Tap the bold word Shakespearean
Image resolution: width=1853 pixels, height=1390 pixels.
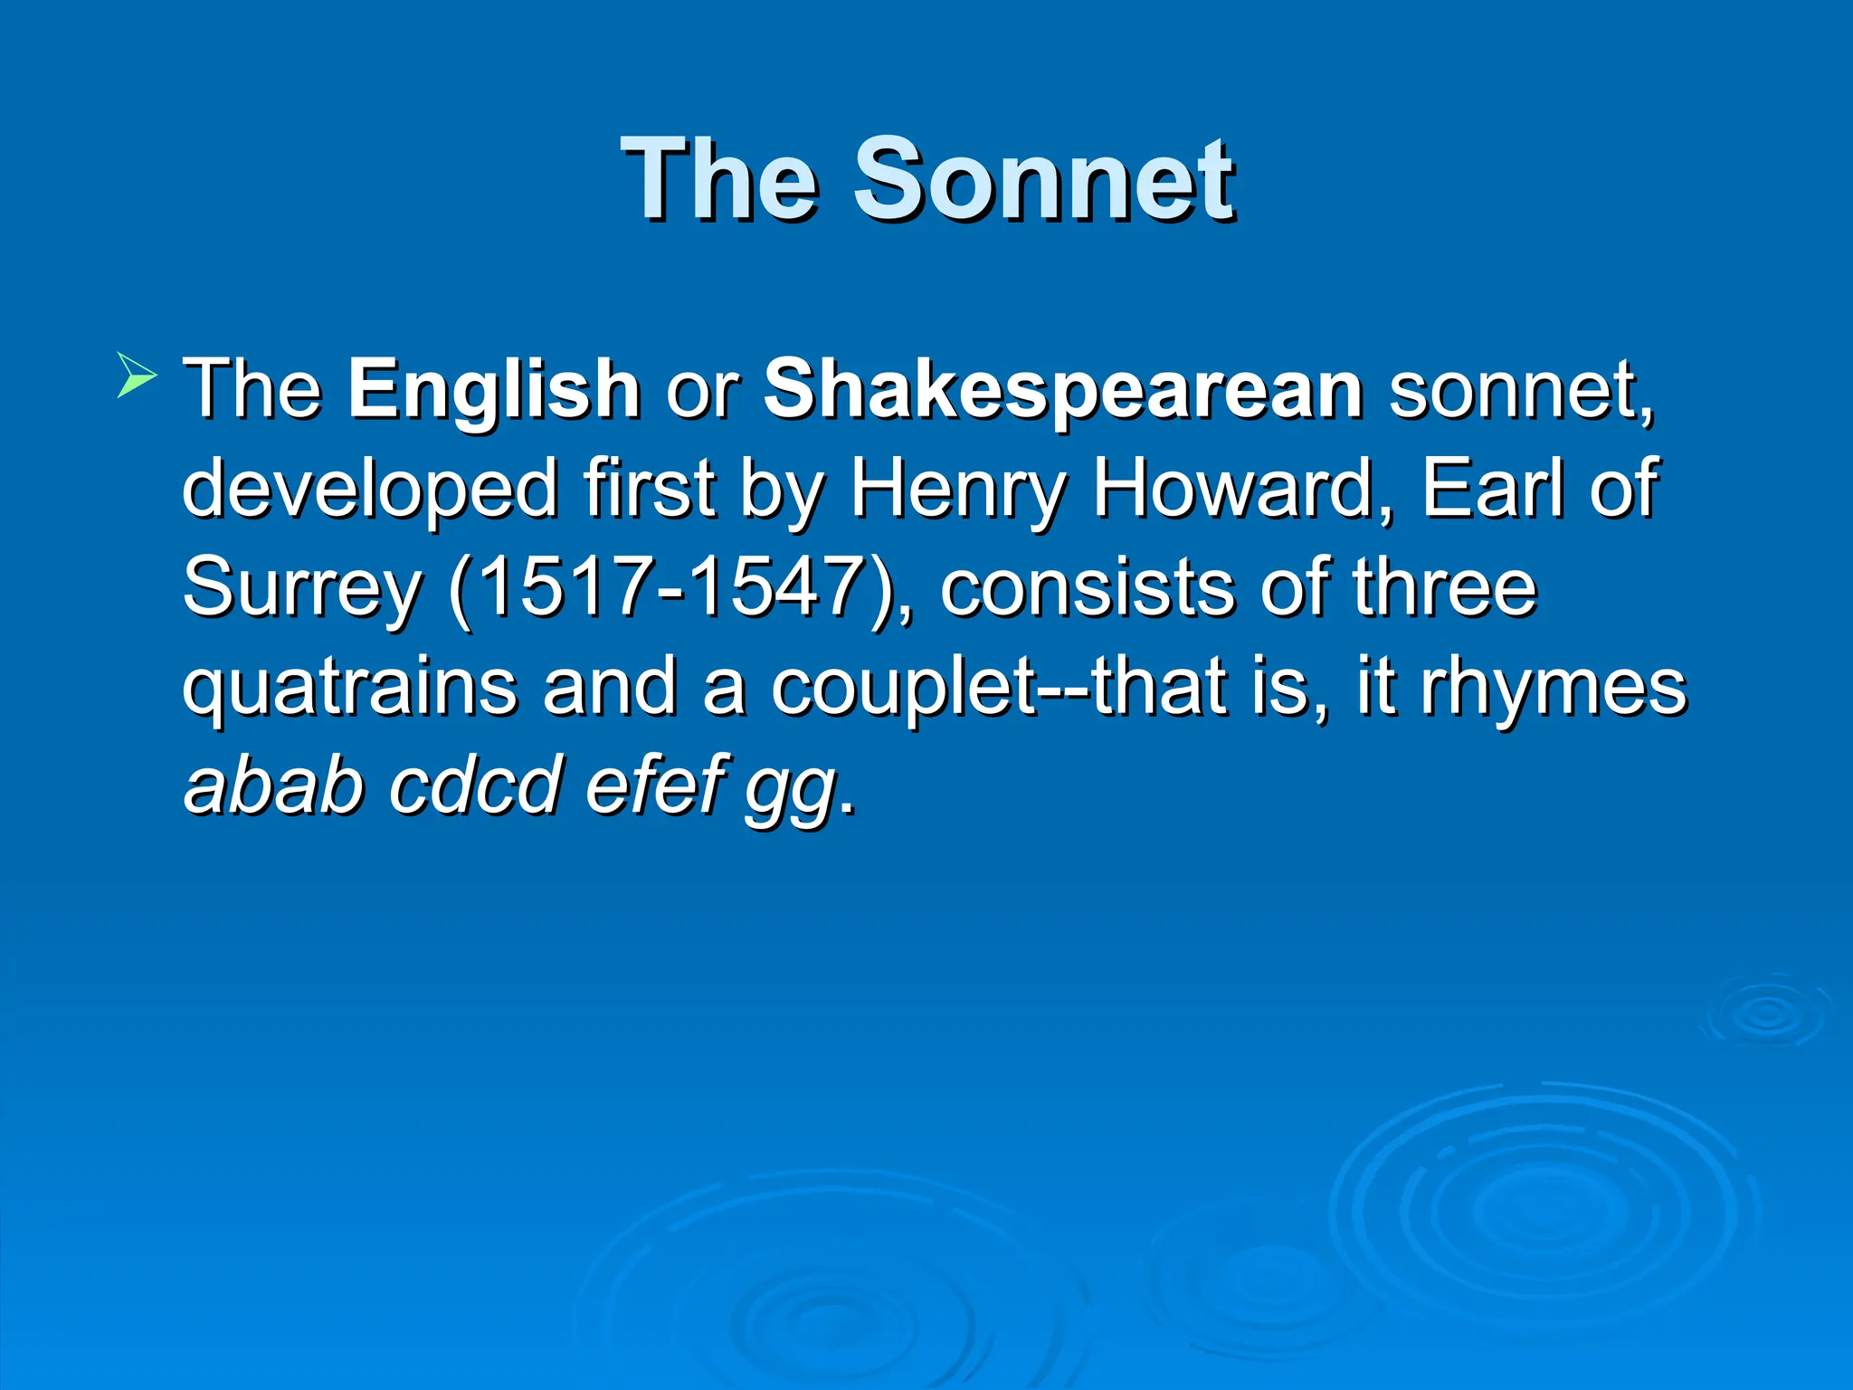(x=1063, y=391)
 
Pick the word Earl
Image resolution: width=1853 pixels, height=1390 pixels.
(x=1493, y=489)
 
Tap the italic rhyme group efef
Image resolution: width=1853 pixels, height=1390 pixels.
(x=657, y=784)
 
